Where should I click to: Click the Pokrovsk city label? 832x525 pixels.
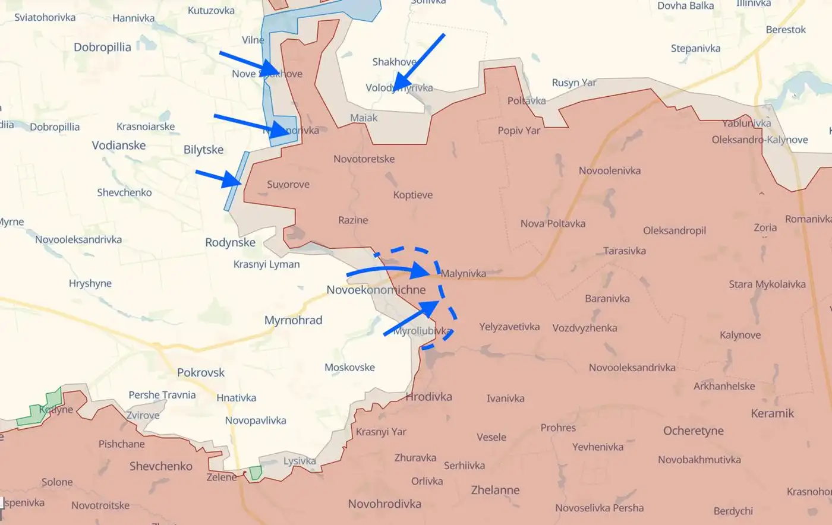pos(201,373)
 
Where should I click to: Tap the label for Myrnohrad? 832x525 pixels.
pos(293,321)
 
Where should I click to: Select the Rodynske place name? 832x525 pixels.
pos(230,242)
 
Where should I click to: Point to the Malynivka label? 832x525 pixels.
pos(463,274)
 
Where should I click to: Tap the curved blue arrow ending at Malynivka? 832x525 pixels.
pos(386,271)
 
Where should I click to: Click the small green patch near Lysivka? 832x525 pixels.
pos(256,473)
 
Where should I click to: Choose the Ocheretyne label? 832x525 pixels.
pos(693,431)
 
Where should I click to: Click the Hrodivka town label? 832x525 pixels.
pos(428,397)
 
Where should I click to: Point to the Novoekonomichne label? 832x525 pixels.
pos(376,290)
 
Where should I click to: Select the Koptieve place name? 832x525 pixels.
pos(412,195)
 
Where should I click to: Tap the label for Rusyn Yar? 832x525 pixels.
pos(573,83)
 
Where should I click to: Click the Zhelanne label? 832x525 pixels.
pos(495,491)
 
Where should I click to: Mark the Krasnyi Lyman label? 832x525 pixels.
pos(266,264)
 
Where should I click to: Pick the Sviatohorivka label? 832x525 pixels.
pos(45,17)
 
